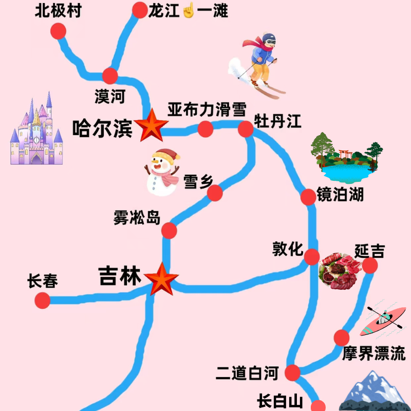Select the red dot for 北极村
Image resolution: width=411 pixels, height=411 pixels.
click(x=59, y=31)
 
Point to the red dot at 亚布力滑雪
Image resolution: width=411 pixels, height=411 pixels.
click(x=206, y=128)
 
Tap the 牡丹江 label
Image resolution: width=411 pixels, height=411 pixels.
click(x=277, y=122)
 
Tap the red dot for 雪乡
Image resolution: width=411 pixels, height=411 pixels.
click(x=215, y=193)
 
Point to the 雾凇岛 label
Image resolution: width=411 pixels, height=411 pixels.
click(x=137, y=217)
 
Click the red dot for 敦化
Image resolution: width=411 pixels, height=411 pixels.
click(x=311, y=256)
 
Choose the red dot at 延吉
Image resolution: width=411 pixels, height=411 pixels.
click(x=370, y=265)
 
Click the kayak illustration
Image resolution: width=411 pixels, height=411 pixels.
click(x=384, y=319)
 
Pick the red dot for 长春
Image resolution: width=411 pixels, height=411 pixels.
click(x=42, y=300)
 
